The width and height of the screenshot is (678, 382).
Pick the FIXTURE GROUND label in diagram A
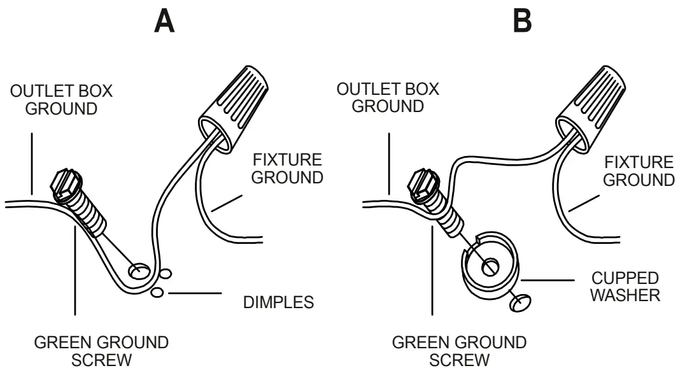click(x=286, y=168)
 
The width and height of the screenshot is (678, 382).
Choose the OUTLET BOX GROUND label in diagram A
click(x=61, y=99)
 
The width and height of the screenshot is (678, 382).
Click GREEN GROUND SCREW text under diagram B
click(x=459, y=351)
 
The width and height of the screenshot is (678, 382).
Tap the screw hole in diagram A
click(x=138, y=272)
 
